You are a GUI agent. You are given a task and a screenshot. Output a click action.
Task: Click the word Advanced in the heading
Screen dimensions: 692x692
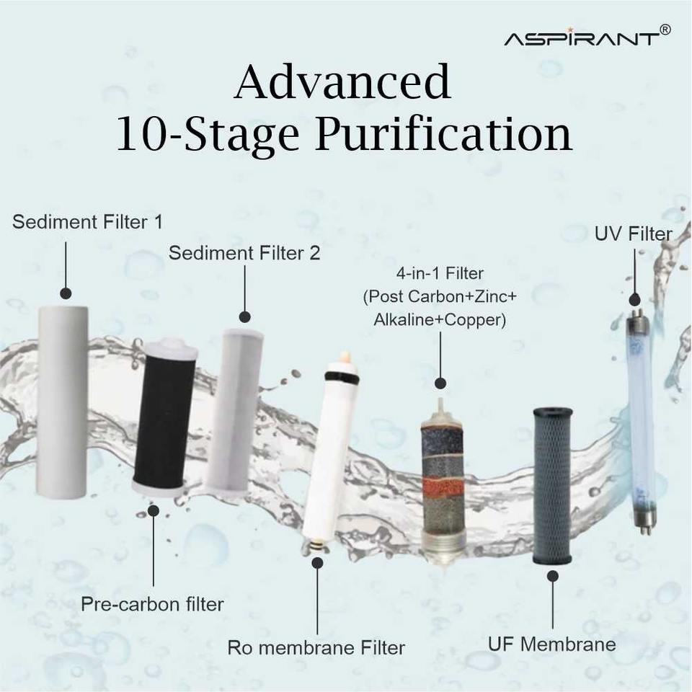click(x=342, y=81)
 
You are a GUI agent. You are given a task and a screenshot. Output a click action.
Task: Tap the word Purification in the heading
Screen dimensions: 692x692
click(x=443, y=135)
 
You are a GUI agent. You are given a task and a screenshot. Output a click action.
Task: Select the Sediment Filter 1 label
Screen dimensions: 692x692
click(x=87, y=221)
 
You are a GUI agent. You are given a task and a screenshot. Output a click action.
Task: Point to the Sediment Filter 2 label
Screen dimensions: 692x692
click(x=244, y=253)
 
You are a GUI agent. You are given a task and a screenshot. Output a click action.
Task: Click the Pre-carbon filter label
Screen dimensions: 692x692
click(x=152, y=605)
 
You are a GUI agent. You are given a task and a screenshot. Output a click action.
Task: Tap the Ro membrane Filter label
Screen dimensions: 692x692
click(x=316, y=648)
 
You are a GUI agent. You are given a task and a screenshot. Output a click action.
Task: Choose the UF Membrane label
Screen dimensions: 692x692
click(x=551, y=644)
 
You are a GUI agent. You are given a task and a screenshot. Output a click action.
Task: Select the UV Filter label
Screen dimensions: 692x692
click(x=634, y=234)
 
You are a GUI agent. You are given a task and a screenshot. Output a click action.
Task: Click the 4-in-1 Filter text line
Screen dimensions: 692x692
click(x=440, y=274)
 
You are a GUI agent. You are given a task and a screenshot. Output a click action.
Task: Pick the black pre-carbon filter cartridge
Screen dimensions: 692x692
click(x=164, y=418)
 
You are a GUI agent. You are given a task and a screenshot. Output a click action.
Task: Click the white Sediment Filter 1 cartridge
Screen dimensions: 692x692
click(x=62, y=401)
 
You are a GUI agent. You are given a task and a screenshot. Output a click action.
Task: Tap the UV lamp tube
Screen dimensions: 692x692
click(x=640, y=422)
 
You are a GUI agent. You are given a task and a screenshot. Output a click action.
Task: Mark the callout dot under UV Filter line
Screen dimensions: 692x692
click(x=634, y=300)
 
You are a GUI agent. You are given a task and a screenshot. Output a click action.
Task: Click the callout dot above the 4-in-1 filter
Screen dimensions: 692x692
click(x=440, y=383)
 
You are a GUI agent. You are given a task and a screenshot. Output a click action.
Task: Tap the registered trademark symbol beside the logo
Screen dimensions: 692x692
click(x=665, y=30)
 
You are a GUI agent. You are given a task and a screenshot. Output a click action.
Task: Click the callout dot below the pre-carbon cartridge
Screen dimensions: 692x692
click(x=153, y=510)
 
